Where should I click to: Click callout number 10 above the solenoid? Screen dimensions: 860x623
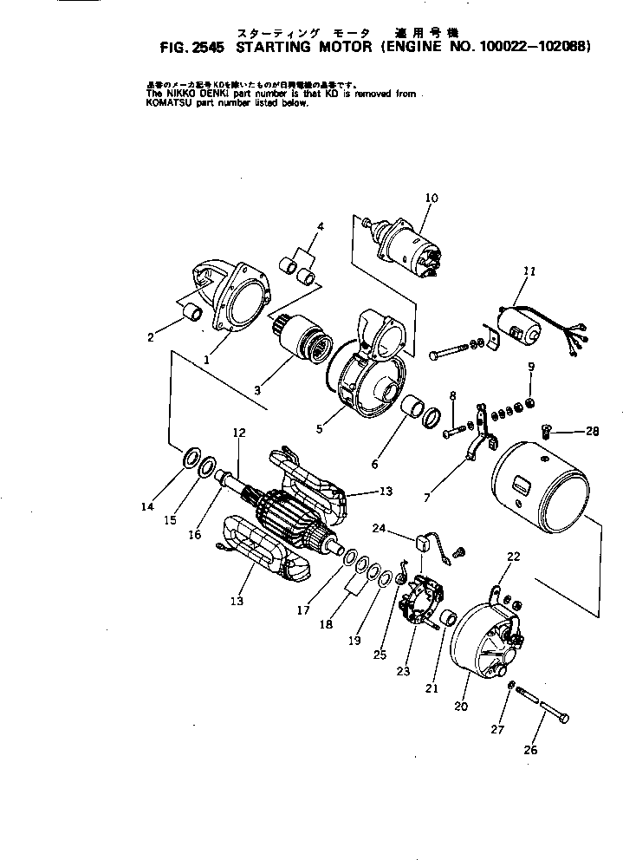coord(432,199)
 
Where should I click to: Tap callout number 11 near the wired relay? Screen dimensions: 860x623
coord(529,271)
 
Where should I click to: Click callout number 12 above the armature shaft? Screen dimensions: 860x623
coord(239,432)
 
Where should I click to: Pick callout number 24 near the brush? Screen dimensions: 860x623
coord(380,528)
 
